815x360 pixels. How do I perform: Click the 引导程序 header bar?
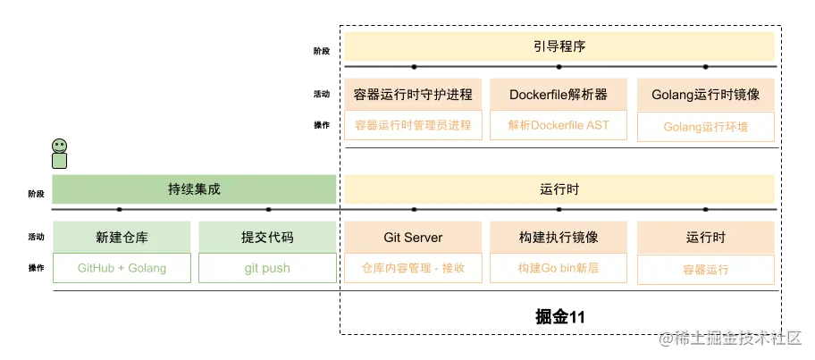tap(560, 46)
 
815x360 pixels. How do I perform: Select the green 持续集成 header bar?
tap(194, 188)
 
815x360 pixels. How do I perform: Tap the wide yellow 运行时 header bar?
tap(560, 188)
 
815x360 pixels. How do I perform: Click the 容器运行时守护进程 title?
tap(413, 95)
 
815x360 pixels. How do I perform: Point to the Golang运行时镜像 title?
tap(705, 95)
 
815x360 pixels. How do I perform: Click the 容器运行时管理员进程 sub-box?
tap(413, 125)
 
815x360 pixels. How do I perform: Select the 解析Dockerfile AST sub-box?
tap(559, 125)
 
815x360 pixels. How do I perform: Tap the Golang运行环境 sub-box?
tap(705, 127)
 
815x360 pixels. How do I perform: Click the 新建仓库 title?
tap(122, 238)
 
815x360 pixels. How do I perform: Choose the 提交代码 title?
tap(267, 238)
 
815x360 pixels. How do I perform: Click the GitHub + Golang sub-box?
tap(122, 268)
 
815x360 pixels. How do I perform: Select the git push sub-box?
tap(267, 268)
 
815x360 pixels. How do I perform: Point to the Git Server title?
tap(413, 238)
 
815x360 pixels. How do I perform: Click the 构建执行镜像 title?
tap(559, 238)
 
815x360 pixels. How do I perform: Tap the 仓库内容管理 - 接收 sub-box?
tap(413, 268)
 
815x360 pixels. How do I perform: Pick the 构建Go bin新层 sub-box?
tap(559, 268)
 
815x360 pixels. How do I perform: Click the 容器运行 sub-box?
tap(705, 269)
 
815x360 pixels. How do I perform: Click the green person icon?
tap(59, 154)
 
